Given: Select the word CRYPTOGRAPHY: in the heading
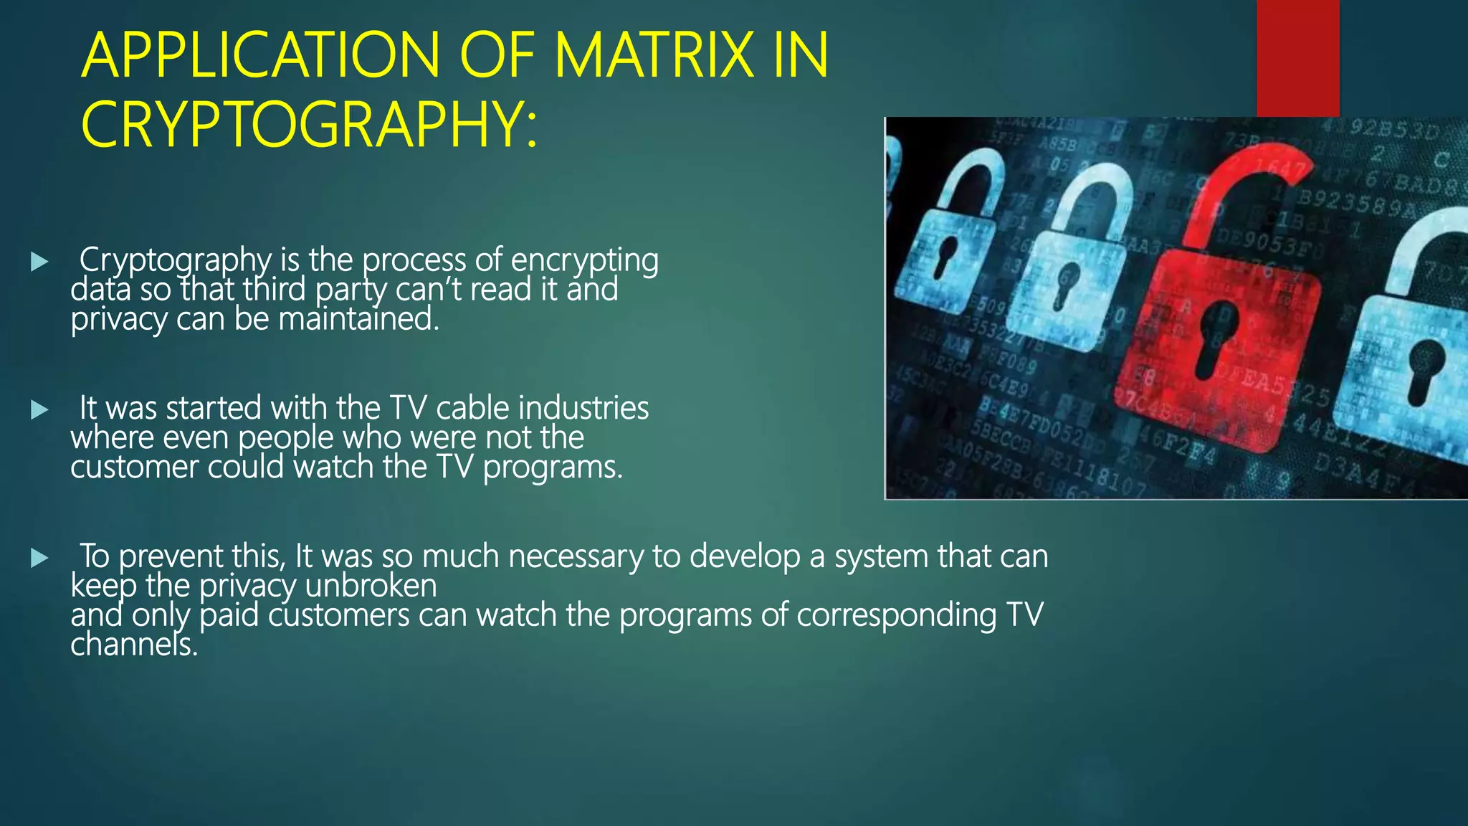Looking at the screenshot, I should point(309,125).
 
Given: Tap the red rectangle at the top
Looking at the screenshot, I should point(1297,58).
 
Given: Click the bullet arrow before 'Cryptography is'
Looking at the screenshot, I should point(39,262).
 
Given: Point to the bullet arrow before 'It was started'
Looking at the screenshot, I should point(39,410).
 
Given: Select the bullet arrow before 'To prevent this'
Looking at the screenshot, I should point(39,558).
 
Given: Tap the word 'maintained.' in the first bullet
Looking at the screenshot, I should point(358,319).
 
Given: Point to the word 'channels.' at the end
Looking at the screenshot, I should point(134,645).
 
